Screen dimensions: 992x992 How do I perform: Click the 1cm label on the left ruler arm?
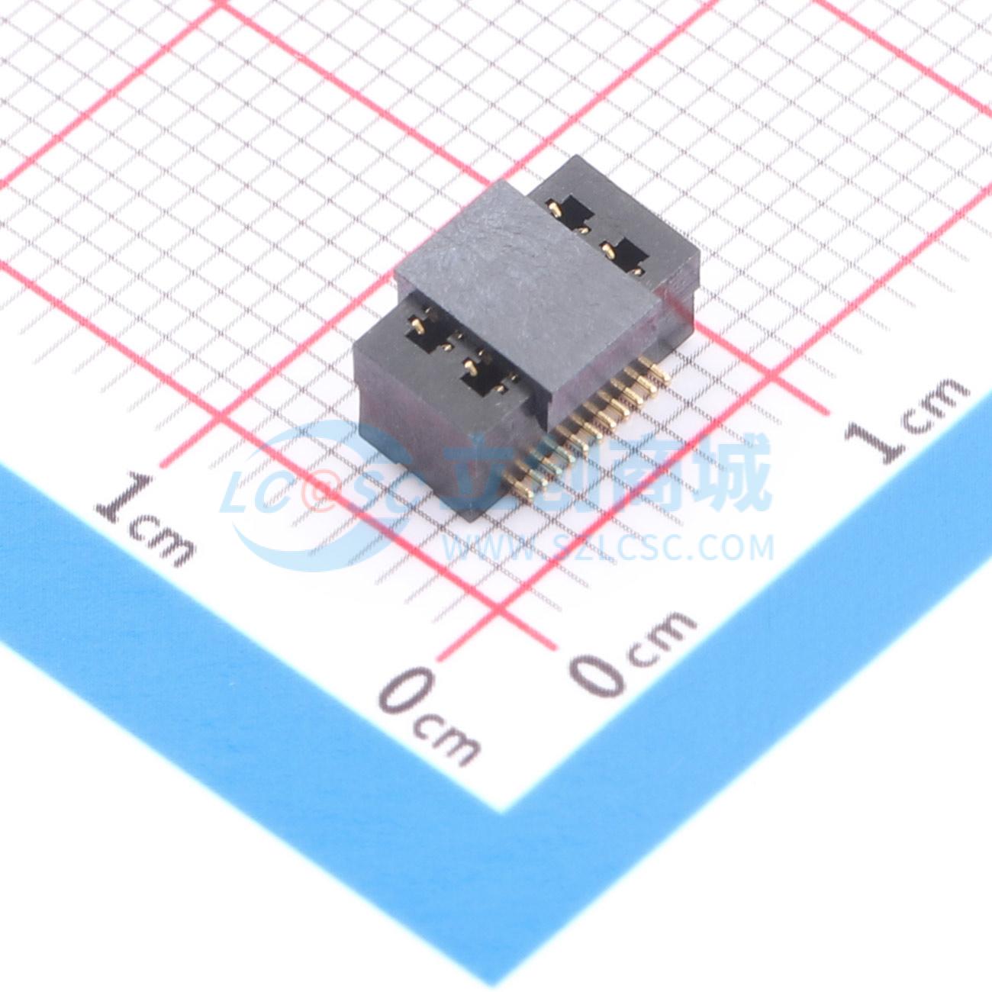tap(145, 520)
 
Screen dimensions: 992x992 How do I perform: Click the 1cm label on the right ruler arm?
tap(910, 420)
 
